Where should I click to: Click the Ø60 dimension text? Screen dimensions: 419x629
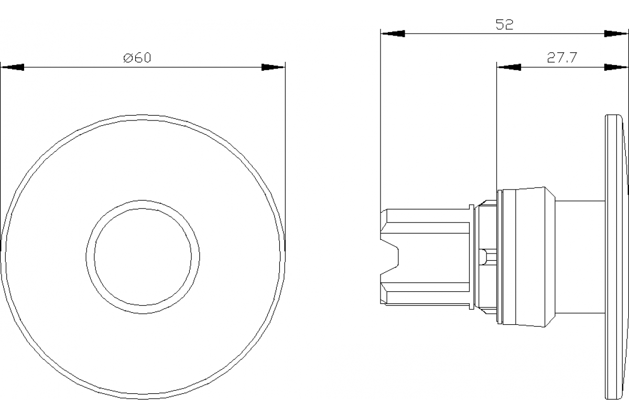137,58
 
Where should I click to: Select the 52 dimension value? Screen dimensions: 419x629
504,25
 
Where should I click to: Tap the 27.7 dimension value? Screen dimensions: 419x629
562,58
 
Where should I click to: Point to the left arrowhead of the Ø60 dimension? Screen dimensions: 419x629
13,68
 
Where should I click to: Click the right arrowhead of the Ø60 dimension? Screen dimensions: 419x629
273,68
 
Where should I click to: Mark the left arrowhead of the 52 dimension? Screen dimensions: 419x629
393,34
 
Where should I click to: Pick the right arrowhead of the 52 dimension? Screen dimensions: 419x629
616,34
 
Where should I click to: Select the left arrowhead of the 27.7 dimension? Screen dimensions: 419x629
509,67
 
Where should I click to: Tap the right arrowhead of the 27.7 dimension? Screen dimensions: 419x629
616,67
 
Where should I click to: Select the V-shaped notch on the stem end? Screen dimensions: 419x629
391,257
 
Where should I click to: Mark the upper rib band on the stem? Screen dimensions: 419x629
427,227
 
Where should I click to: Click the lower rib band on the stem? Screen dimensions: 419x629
427,286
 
